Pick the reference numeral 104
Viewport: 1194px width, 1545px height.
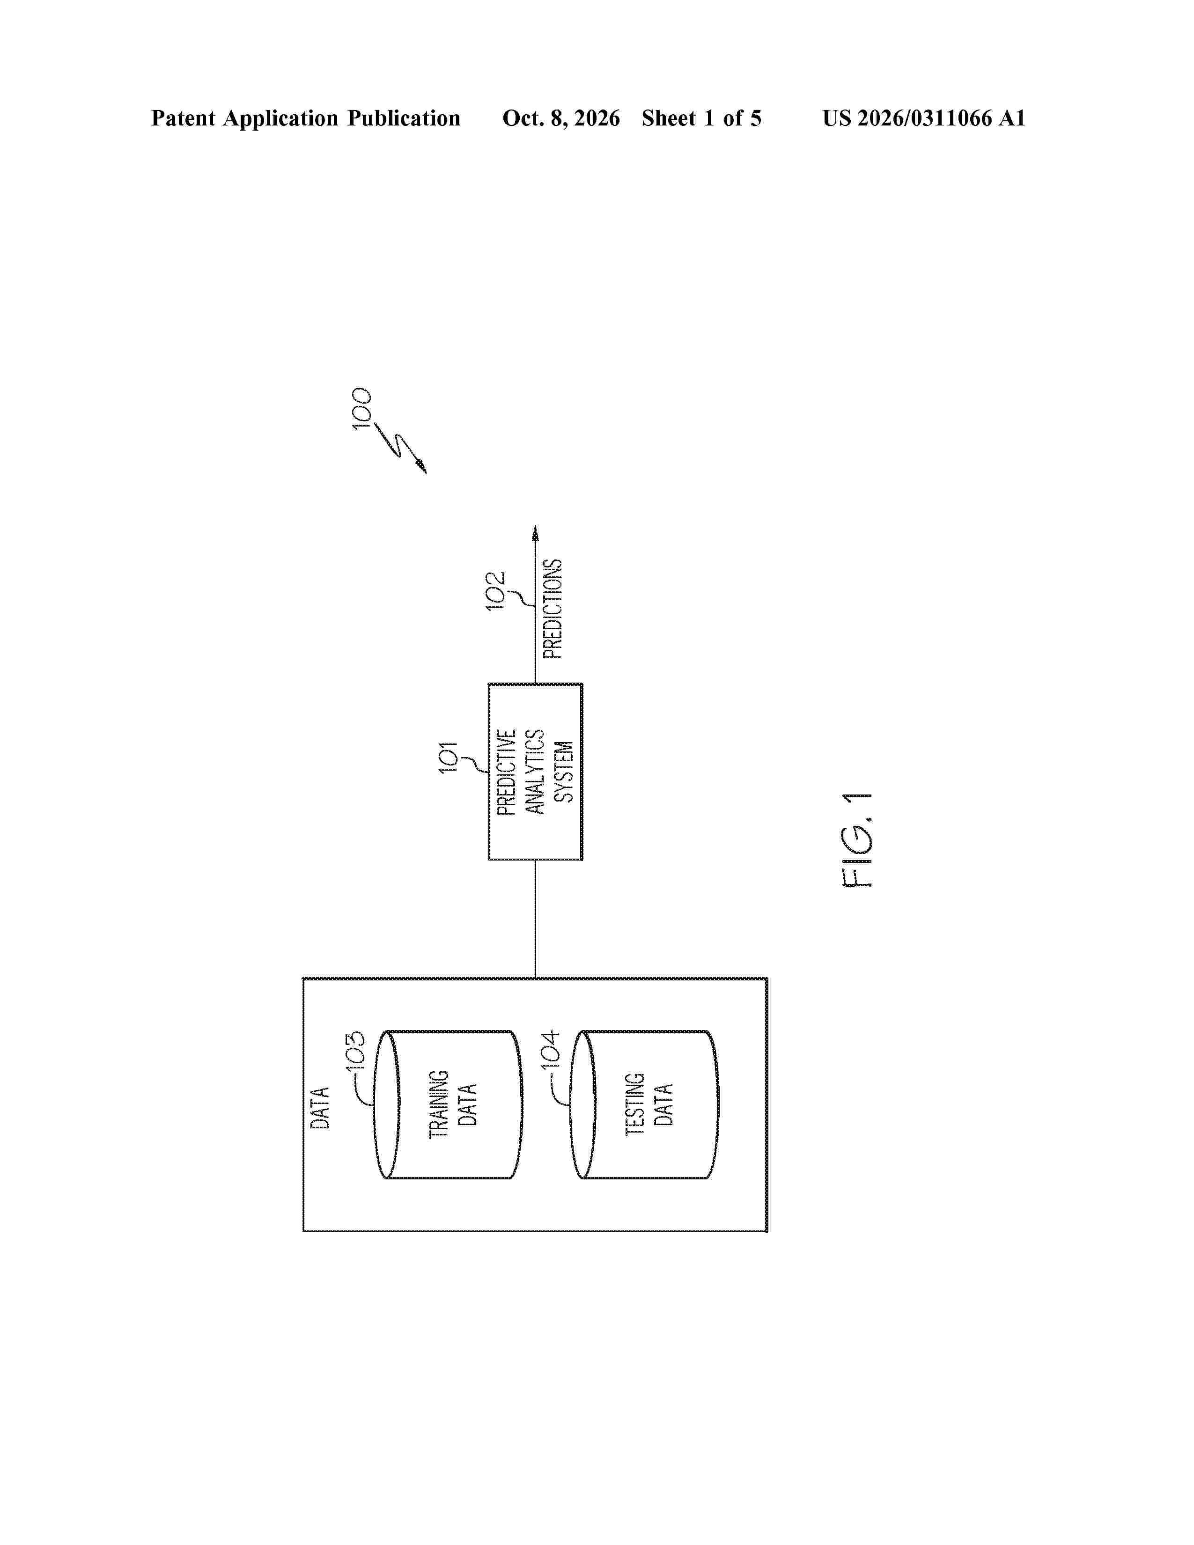point(550,1049)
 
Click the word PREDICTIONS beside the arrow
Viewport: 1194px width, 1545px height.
point(553,609)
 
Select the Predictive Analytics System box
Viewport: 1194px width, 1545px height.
point(536,772)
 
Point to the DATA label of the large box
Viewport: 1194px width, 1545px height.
point(320,1108)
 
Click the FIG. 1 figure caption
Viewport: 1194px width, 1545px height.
point(858,840)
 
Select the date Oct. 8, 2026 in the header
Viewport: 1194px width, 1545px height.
point(561,118)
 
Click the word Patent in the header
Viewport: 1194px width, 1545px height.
point(183,118)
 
